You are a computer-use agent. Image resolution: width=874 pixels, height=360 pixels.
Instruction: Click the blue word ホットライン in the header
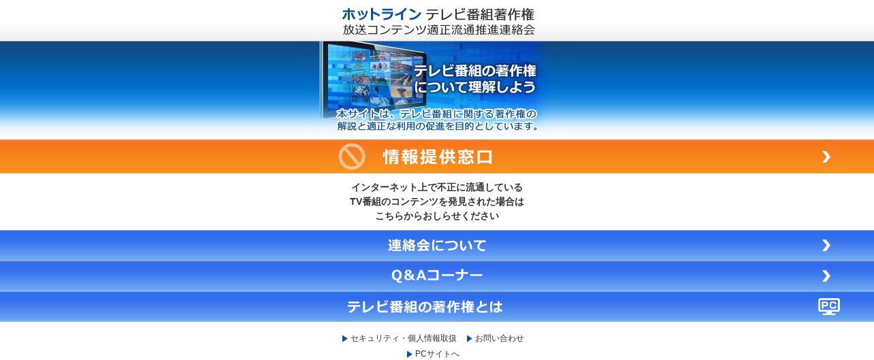(381, 14)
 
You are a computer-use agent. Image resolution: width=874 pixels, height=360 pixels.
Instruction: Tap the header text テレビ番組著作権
(479, 14)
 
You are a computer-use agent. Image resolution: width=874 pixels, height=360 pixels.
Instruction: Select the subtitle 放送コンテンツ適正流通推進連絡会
(438, 30)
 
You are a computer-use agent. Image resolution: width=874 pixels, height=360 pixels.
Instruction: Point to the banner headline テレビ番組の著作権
(475, 71)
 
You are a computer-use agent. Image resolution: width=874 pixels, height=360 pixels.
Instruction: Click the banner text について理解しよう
(475, 86)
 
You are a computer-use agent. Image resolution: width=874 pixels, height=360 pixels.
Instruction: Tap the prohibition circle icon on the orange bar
(351, 157)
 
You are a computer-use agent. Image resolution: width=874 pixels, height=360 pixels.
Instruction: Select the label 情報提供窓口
(438, 157)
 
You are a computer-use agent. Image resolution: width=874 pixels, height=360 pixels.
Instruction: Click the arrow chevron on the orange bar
(826, 157)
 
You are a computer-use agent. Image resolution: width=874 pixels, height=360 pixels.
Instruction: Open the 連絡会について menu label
(437, 245)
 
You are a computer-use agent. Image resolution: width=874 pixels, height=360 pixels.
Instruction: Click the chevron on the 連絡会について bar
(826, 245)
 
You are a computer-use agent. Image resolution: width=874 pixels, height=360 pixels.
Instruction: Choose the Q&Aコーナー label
(437, 276)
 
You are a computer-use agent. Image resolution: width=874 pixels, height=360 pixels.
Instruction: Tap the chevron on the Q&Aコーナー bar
(826, 276)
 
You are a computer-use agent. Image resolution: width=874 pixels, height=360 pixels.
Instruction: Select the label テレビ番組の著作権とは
(425, 306)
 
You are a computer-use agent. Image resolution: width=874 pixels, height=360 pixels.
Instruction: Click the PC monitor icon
(829, 306)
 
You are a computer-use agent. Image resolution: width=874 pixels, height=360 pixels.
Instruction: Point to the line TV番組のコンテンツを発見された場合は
(437, 201)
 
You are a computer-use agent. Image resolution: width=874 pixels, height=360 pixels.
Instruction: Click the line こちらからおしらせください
(437, 216)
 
